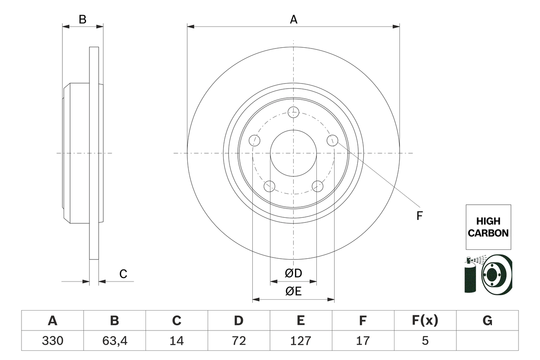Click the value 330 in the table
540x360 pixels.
pos(52,341)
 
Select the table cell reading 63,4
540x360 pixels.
pos(114,341)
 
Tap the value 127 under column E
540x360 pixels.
pos(300,341)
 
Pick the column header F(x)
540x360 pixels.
pos(425,321)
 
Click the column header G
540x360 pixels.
pos(487,321)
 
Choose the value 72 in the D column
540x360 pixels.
pos(238,341)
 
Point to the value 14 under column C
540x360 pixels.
pos(176,341)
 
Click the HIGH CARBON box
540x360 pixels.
pos(488,227)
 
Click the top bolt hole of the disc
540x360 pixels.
pos(293,112)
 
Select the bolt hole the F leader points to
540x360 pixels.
pos(332,140)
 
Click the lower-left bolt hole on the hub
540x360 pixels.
pos(269,186)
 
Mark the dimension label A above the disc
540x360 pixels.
pos(293,19)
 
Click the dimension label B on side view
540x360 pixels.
pos(83,19)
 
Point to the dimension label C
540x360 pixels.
pos(123,274)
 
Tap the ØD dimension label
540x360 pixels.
pos(293,273)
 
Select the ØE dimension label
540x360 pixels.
pos(293,291)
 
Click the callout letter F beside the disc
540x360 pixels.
pos(419,216)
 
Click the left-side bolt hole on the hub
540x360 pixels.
pos(254,141)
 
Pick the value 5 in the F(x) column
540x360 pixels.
pos(425,341)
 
